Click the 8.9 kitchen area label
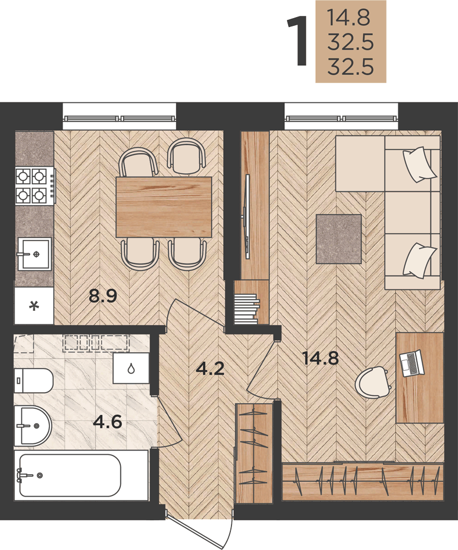pyautogui.click(x=102, y=296)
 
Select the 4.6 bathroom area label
pyautogui.click(x=108, y=421)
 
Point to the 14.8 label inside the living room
pyautogui.click(x=321, y=359)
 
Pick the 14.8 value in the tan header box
pyautogui.click(x=349, y=18)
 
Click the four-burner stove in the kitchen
pyautogui.click(x=35, y=186)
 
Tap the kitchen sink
pyautogui.click(x=35, y=254)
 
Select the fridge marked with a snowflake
pyautogui.click(x=34, y=306)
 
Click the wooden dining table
pyautogui.click(x=164, y=207)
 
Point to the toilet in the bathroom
pyautogui.click(x=34, y=381)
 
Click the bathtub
pyautogui.click(x=70, y=475)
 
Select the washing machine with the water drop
pyautogui.click(x=131, y=369)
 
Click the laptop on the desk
pyautogui.click(x=412, y=364)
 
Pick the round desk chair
pyautogui.click(x=372, y=382)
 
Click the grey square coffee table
pyautogui.click(x=339, y=239)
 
